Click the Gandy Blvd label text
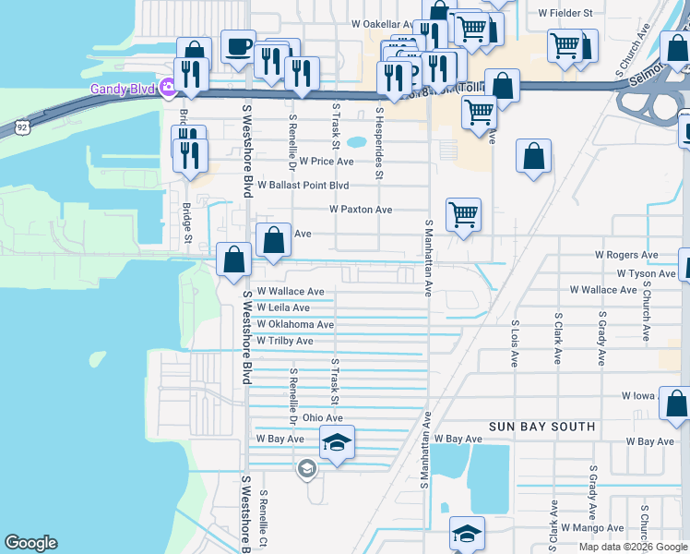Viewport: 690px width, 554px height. coord(122,89)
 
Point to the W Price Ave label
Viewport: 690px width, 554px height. coord(326,161)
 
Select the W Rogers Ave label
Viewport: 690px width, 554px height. coord(626,255)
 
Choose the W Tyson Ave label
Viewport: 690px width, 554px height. coord(646,273)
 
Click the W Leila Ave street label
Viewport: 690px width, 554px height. coord(283,307)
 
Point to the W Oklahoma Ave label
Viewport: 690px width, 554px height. coord(295,324)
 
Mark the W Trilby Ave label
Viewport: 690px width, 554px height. coord(285,341)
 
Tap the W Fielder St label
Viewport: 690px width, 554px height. coord(565,13)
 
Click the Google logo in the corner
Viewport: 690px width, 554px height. coord(30,543)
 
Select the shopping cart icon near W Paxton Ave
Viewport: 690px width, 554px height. coord(463,215)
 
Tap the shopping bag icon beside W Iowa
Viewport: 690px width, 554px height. coord(676,403)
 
